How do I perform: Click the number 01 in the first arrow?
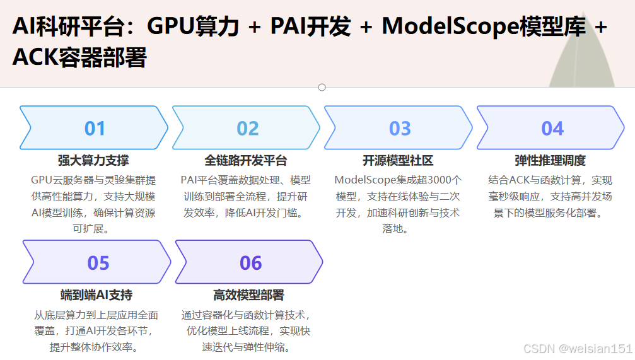coord(95,129)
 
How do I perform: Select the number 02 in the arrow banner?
coord(248,129)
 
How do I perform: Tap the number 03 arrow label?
coord(400,129)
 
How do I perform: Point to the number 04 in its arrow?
coord(552,129)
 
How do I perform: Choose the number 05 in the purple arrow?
coord(98,263)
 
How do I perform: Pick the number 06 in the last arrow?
coord(250,263)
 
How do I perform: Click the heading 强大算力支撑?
coord(93,161)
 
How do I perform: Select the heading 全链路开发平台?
coord(246,161)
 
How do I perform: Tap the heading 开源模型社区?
coord(398,161)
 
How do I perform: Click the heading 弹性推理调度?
coord(551,161)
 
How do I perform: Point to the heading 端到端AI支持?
coord(96,295)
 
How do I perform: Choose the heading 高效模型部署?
coord(248,295)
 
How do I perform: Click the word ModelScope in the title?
coord(450,26)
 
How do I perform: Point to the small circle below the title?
coord(322,87)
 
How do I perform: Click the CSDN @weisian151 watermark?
coord(578,349)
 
